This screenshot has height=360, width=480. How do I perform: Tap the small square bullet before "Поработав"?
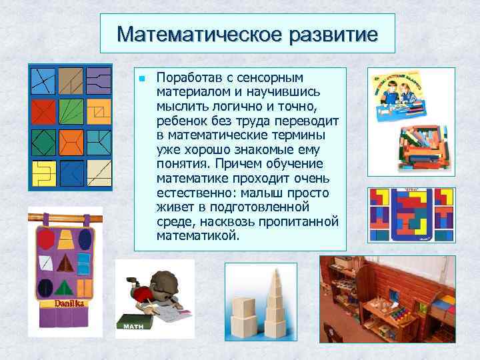pyautogui.click(x=142, y=79)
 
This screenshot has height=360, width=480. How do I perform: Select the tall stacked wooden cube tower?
pyautogui.click(x=275, y=300)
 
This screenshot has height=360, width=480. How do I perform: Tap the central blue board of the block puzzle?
pyautogui.click(x=411, y=214)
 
